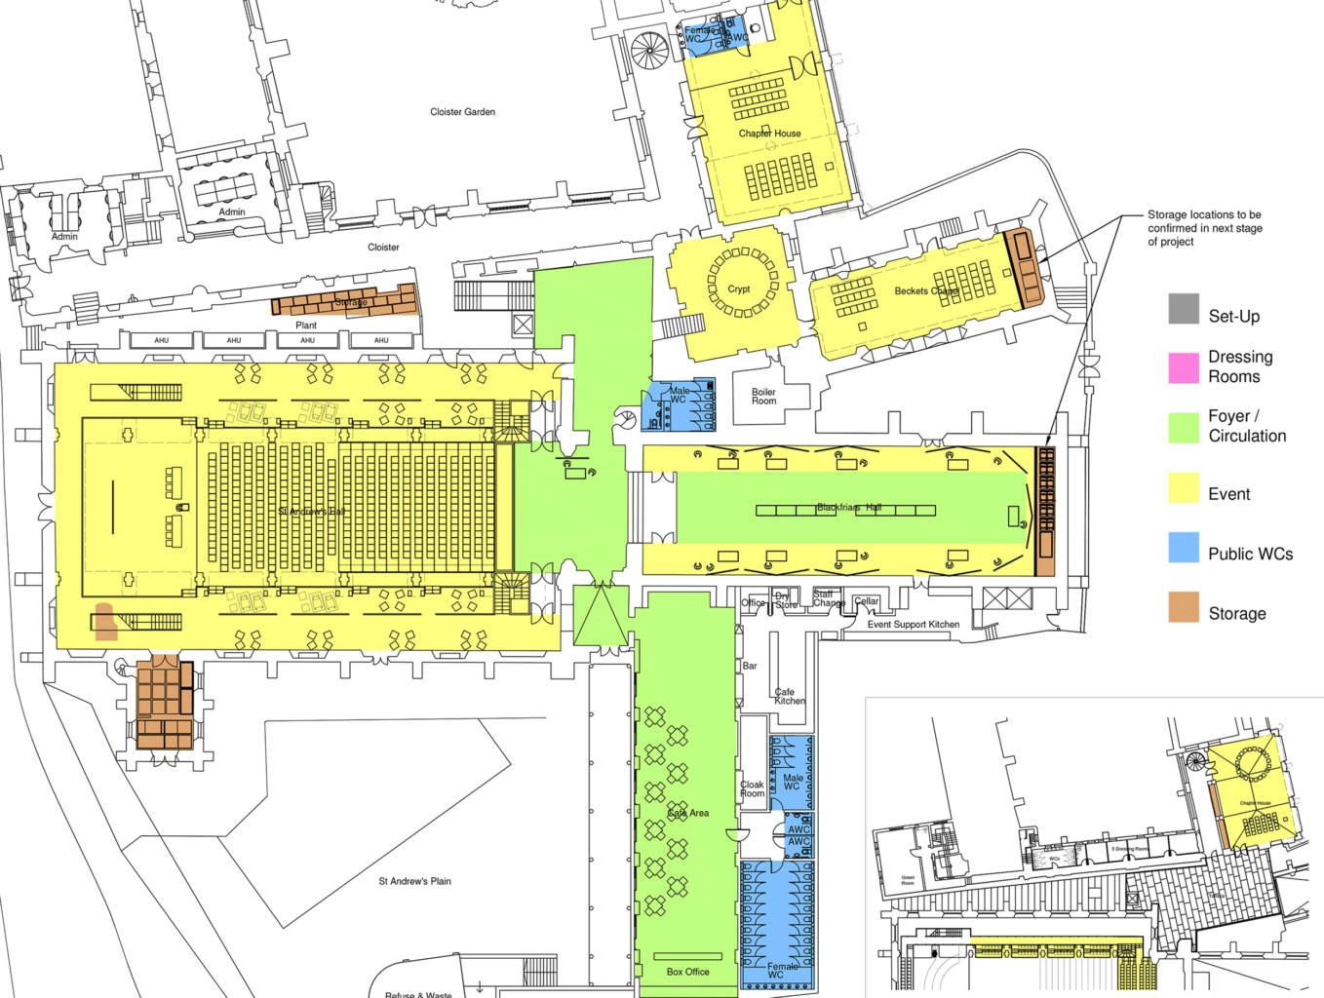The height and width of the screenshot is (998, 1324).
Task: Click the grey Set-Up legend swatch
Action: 1184,309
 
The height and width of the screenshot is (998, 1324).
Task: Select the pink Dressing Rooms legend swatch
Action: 1184,367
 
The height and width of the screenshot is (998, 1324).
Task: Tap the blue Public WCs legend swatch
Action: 1184,548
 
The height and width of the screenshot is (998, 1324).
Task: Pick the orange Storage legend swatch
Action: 1184,607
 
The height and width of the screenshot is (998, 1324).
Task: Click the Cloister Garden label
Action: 462,112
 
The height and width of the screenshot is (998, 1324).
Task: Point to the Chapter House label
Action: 769,134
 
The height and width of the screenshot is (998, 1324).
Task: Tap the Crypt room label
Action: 739,289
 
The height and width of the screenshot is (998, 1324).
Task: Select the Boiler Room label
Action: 763,397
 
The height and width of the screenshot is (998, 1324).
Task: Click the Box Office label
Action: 687,972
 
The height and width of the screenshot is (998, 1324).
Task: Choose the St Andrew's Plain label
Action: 414,881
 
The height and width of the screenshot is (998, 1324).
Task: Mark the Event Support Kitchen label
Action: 913,625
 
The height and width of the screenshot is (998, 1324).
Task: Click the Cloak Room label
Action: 752,788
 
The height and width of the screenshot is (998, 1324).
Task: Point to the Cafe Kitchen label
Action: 789,696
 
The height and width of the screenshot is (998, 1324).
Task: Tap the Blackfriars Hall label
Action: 848,508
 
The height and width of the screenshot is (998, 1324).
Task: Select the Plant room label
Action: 306,326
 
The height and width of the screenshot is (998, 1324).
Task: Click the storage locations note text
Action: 1204,228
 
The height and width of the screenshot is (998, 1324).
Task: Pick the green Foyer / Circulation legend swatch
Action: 1184,428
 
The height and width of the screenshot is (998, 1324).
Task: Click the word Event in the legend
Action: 1228,494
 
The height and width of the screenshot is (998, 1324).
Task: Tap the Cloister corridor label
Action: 383,248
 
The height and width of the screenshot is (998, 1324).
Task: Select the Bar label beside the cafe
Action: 750,666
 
